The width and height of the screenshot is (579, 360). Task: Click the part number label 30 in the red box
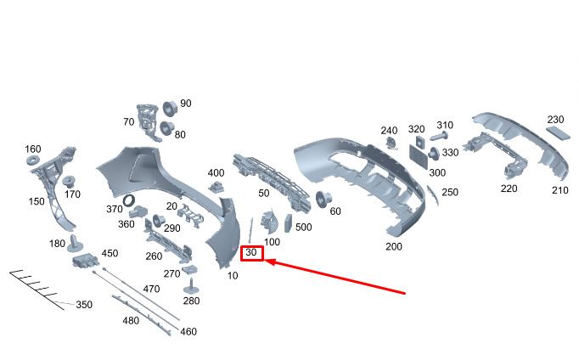pos(250,252)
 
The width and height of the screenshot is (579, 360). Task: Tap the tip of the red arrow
pos(266,261)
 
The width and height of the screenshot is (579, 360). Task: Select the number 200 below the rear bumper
pos(394,246)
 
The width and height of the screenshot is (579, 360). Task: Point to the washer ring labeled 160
pos(33,160)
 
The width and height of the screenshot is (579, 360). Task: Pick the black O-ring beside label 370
pos(129,200)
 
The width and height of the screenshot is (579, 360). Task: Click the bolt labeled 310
pos(439,136)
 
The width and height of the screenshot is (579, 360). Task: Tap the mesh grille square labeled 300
pos(419,156)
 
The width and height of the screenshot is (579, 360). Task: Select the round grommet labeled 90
pos(170,109)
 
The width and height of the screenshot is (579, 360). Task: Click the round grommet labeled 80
pos(167,127)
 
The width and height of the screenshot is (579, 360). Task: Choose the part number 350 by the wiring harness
pos(84,305)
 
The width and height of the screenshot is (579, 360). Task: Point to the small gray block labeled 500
pos(288,223)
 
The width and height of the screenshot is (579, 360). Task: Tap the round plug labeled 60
pos(323,200)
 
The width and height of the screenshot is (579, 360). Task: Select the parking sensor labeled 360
pos(138,212)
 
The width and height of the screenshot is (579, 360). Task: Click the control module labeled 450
pos(86,261)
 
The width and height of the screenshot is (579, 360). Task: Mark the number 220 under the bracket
pos(509,188)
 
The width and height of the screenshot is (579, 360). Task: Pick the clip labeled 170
pos(69,183)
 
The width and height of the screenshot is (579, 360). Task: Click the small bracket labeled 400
pos(216,187)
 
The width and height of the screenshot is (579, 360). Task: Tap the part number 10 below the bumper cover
pos(233,275)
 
